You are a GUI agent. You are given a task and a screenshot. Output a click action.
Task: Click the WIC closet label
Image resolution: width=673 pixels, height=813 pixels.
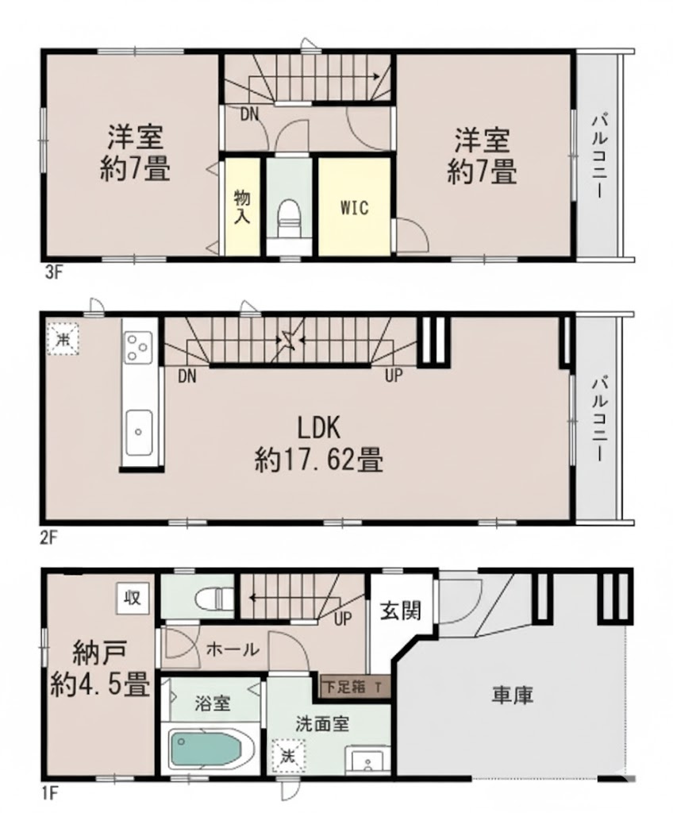coord(354,208)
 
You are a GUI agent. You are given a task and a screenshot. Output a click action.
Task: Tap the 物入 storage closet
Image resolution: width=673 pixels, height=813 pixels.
coord(242,206)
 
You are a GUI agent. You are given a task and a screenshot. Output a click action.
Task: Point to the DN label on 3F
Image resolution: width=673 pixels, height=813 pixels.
coord(250,114)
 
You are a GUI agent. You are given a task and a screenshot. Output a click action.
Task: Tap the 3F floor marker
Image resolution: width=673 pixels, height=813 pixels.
coord(53,275)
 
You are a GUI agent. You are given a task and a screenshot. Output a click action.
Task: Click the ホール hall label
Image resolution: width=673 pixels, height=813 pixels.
coord(233,649)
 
